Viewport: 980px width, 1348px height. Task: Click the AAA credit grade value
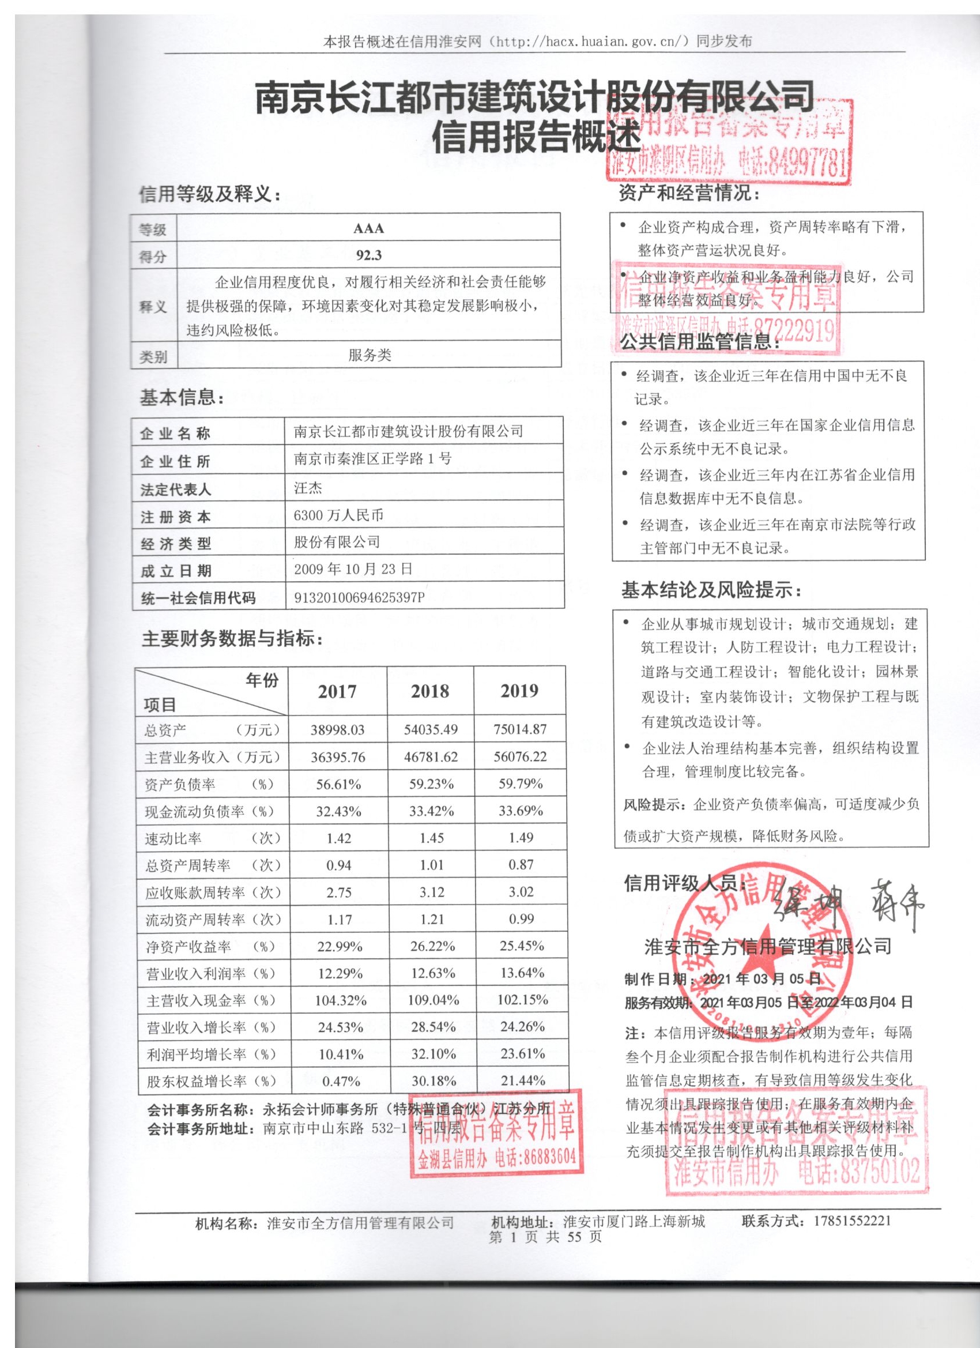point(368,228)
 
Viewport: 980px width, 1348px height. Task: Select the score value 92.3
point(368,255)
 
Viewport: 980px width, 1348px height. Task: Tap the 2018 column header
point(430,691)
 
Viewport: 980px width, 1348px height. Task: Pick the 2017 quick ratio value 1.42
point(339,838)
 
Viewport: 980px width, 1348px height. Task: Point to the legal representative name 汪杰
point(308,488)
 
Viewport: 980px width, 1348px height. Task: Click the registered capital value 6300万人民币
point(338,515)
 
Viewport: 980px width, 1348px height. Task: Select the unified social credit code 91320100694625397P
point(359,597)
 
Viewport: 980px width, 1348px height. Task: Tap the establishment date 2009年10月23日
point(353,569)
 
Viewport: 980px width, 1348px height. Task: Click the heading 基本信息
point(182,398)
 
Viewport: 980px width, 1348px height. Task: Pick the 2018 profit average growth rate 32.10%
point(433,1055)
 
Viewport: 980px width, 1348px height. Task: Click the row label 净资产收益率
point(189,946)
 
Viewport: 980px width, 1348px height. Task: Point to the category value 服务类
point(369,355)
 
